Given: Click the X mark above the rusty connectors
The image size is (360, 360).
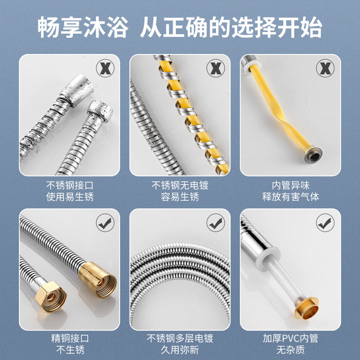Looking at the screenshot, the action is point(105,68).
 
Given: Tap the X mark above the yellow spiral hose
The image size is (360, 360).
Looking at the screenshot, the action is point(215,68).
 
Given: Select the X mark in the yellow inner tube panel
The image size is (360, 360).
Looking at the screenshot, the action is point(325,68).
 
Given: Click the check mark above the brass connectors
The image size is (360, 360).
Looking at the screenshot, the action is point(105,222).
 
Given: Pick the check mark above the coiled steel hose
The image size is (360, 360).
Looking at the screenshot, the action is point(215,222).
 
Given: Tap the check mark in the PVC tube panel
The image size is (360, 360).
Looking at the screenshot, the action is point(325,222).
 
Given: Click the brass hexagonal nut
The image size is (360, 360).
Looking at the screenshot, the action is point(51,296).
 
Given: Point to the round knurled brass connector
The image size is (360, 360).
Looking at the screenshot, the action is point(97,280).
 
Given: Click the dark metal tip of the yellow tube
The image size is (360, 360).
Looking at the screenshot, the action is point(313,155).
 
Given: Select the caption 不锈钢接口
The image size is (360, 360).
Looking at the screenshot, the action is point(70,185).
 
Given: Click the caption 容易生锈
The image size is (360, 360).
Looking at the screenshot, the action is point(180,197).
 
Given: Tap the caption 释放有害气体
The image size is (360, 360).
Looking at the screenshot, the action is point(290,197).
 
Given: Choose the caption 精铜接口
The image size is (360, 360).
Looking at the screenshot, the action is point(70,338).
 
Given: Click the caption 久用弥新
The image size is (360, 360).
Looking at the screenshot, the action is point(180,350).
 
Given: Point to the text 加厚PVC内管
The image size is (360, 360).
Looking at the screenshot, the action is point(290,338).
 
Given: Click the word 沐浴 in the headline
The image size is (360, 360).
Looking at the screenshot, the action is point(105,27).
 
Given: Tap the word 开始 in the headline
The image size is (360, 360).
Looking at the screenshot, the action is point(300,27).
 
